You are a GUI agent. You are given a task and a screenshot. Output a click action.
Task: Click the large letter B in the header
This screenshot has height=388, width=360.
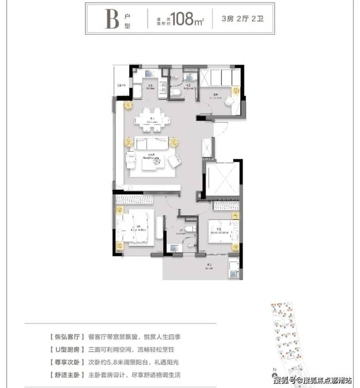coord(111,19)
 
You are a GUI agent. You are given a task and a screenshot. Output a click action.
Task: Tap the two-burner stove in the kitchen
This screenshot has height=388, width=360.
coord(163,91)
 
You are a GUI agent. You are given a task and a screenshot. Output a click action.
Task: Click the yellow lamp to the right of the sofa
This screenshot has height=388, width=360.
coord(174,143)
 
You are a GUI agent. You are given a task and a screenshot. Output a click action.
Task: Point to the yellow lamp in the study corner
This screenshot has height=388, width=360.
coord(236,91)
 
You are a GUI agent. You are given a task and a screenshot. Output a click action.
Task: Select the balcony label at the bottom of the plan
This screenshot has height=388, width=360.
coord(210,266)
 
